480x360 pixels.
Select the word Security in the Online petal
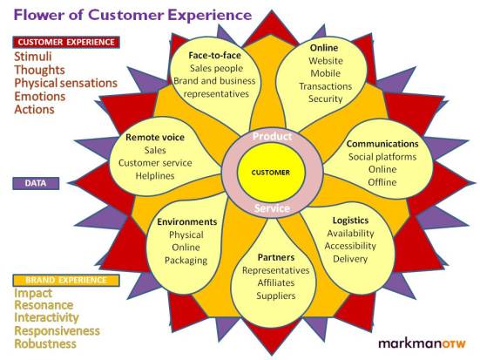(x=326, y=99)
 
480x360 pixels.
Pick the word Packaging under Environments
(x=186, y=260)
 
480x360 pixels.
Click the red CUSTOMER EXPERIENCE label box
(x=66, y=42)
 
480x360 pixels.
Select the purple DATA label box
(x=36, y=183)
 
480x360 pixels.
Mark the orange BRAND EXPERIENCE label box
(x=65, y=280)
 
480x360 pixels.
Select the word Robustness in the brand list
(x=51, y=344)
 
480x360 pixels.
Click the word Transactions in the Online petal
(x=326, y=86)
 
